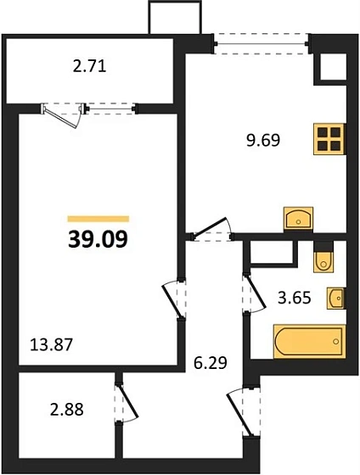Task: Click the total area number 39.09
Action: coord(98,239)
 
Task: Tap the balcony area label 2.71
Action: coord(89,66)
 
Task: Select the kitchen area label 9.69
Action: coord(263,141)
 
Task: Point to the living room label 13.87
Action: coord(52,344)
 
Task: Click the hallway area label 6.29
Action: coord(211,363)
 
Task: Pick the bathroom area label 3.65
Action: coord(295,298)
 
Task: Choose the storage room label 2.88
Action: coord(67,410)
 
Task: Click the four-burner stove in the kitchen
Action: coord(329,139)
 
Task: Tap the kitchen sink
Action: coord(298,219)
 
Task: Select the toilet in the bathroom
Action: coord(323,257)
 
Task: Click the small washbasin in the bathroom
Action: coord(336,298)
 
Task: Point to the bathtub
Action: coord(309,341)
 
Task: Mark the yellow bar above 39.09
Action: coord(98,219)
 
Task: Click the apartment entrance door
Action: coord(240,412)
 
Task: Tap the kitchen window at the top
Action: coord(262,44)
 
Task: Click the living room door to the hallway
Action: coord(172,300)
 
